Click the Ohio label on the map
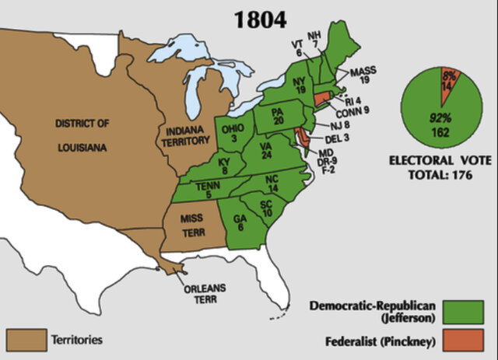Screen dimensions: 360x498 click(x=233, y=133)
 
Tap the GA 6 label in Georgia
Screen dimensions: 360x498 click(x=240, y=222)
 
